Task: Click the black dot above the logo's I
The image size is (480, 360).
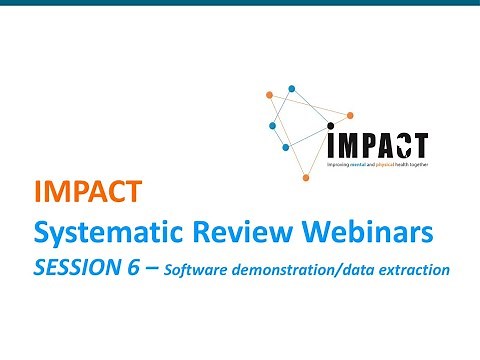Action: (x=332, y=127)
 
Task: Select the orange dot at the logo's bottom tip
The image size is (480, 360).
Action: (x=306, y=178)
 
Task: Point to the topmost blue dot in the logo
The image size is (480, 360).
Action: (x=292, y=88)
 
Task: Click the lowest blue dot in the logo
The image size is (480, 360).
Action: (x=286, y=147)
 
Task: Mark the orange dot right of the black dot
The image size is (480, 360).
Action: (x=350, y=115)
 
